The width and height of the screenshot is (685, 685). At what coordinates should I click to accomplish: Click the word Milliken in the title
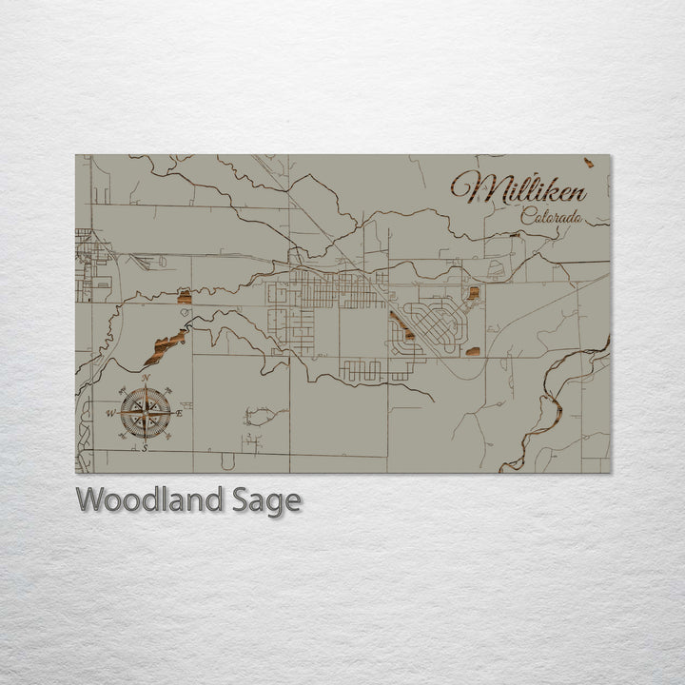(519, 188)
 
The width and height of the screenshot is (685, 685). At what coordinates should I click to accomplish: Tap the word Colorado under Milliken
(552, 216)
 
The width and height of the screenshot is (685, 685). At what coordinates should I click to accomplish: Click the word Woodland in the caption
(151, 500)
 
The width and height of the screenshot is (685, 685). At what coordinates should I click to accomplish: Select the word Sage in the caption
(266, 500)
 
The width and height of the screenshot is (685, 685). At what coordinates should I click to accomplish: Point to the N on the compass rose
(146, 379)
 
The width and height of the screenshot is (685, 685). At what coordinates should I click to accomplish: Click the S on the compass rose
(145, 447)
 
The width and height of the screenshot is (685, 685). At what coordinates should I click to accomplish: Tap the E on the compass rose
(180, 413)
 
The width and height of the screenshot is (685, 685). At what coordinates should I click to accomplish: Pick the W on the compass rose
(110, 413)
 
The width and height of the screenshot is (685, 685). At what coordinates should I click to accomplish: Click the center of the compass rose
(146, 413)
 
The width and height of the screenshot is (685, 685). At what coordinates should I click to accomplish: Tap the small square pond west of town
(185, 298)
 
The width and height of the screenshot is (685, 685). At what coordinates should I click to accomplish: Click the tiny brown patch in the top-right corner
(589, 163)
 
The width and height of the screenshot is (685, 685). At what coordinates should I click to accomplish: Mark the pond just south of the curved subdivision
(473, 352)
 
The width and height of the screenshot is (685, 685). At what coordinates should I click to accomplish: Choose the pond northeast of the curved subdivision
(473, 293)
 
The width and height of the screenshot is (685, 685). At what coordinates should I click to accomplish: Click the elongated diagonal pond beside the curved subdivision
(401, 325)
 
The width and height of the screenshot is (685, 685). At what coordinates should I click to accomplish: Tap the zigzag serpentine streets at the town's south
(376, 369)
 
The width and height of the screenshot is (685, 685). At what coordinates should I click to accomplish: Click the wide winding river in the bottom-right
(547, 414)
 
